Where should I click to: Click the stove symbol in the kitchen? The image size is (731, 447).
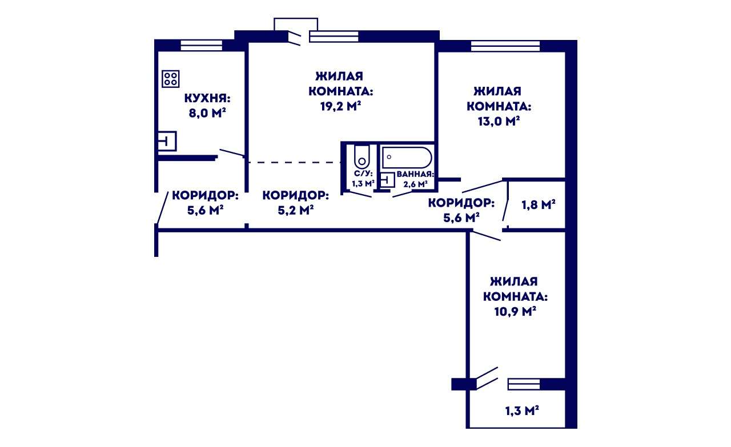[x=170, y=79]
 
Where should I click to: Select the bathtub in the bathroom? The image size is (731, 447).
[x=407, y=158]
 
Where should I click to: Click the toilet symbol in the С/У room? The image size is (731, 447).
[x=362, y=157]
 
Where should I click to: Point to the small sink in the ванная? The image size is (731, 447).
[x=387, y=179]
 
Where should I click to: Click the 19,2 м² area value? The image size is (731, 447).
[x=340, y=106]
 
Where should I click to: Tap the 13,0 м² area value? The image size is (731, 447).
[x=499, y=122]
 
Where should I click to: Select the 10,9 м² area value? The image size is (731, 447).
[x=515, y=312]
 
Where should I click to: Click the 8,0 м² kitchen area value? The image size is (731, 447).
[x=207, y=113]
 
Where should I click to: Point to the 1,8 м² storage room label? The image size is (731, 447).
[x=539, y=205]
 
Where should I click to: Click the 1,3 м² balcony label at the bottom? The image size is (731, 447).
[x=522, y=411]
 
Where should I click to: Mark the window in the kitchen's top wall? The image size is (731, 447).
[x=202, y=45]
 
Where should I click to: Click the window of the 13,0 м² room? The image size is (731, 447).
[x=505, y=46]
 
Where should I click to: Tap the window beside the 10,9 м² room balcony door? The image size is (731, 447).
[x=524, y=384]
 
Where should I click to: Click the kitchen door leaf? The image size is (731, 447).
[x=232, y=152]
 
